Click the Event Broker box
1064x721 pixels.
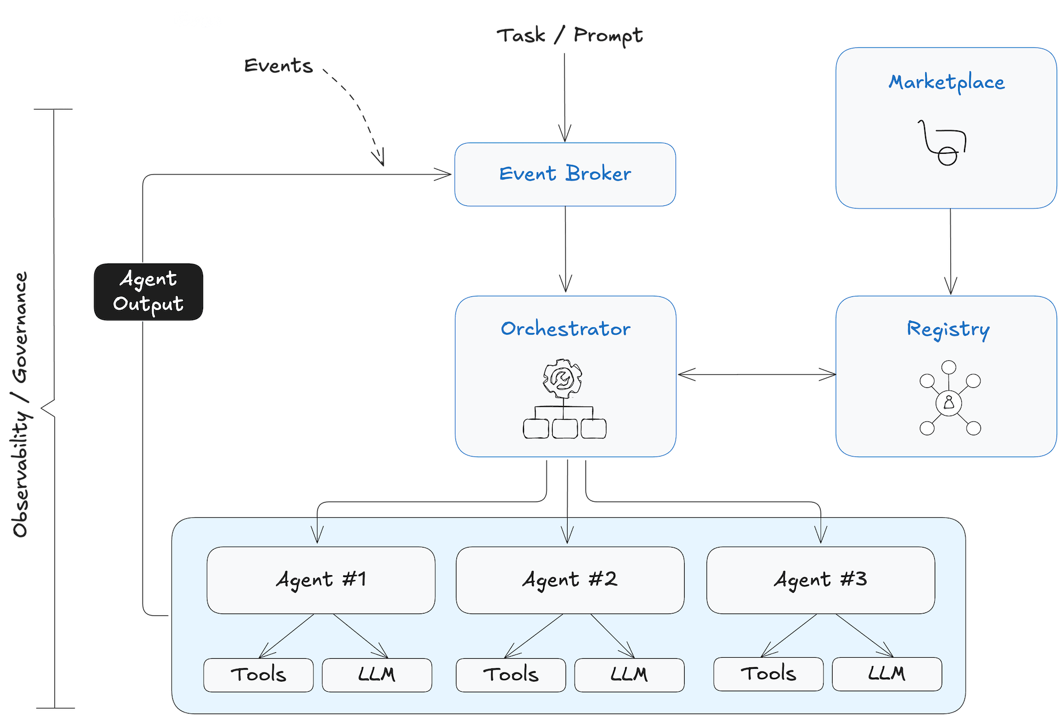565,174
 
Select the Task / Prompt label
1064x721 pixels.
570,36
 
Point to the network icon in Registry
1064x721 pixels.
950,399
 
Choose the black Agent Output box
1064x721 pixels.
148,292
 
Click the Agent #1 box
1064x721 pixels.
321,580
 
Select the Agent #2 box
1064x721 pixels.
570,580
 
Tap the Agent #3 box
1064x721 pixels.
820,580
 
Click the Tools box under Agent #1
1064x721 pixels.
259,675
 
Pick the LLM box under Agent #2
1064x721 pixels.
629,675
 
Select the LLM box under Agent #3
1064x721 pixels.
887,674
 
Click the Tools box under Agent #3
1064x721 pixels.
768,674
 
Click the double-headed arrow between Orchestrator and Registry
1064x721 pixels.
755,375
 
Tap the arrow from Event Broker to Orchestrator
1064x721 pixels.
566,250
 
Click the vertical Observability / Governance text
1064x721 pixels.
20,404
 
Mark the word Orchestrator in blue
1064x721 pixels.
566,329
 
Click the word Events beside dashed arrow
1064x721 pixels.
278,66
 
